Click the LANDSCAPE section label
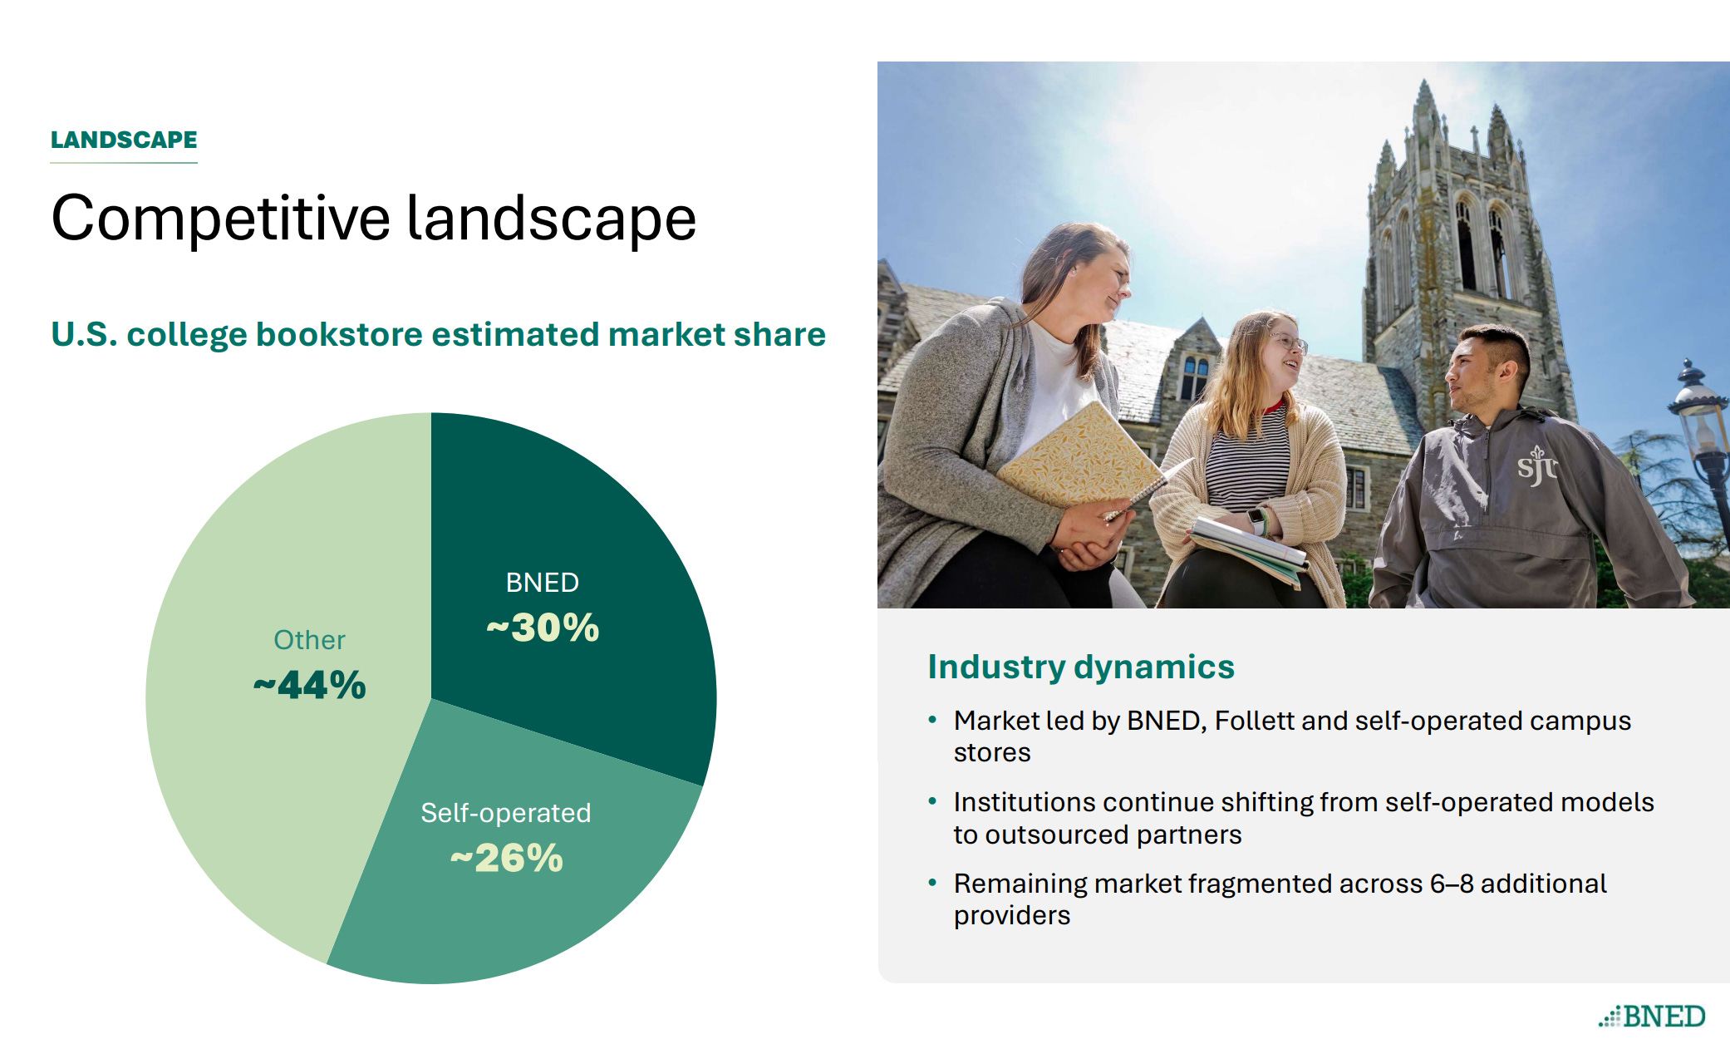(x=124, y=140)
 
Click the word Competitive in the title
(x=221, y=219)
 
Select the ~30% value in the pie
(x=543, y=628)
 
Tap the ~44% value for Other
(x=310, y=686)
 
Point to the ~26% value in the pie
(x=507, y=859)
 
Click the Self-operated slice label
(x=506, y=813)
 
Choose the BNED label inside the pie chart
(x=543, y=583)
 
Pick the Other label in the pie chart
(x=310, y=640)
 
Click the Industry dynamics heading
(x=1081, y=667)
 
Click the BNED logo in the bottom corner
(x=1652, y=1016)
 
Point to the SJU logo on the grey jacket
(x=1537, y=465)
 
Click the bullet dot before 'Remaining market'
(x=932, y=883)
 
